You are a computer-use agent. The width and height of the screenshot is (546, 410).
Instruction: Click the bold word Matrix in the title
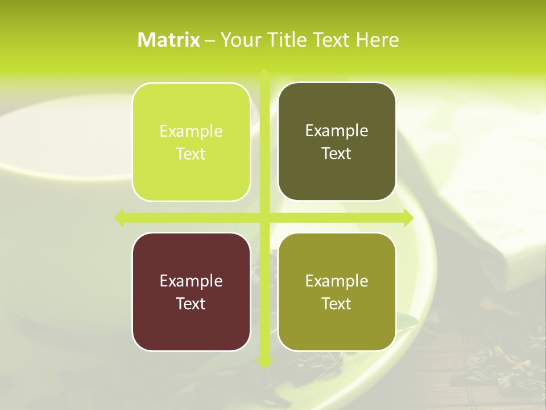tap(169, 40)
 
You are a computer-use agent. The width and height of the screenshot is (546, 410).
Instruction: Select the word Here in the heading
tap(377, 40)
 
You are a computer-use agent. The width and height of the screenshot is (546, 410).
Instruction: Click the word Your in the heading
tap(241, 40)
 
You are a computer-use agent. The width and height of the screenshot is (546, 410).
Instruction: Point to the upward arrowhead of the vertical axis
tap(264, 73)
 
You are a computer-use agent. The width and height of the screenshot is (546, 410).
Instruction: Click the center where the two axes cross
tap(264, 218)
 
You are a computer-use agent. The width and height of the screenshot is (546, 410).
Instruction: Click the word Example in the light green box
tap(191, 132)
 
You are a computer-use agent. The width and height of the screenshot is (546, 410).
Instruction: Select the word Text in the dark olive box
tap(337, 154)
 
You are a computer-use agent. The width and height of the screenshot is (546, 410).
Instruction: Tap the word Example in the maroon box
tap(191, 281)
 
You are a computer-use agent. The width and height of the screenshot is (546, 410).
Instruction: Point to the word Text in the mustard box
tap(337, 304)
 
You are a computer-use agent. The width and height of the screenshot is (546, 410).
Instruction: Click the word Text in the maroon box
tap(191, 304)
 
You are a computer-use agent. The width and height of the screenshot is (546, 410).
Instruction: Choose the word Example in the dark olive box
tap(337, 131)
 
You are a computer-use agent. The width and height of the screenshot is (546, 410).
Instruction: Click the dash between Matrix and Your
tap(210, 40)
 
